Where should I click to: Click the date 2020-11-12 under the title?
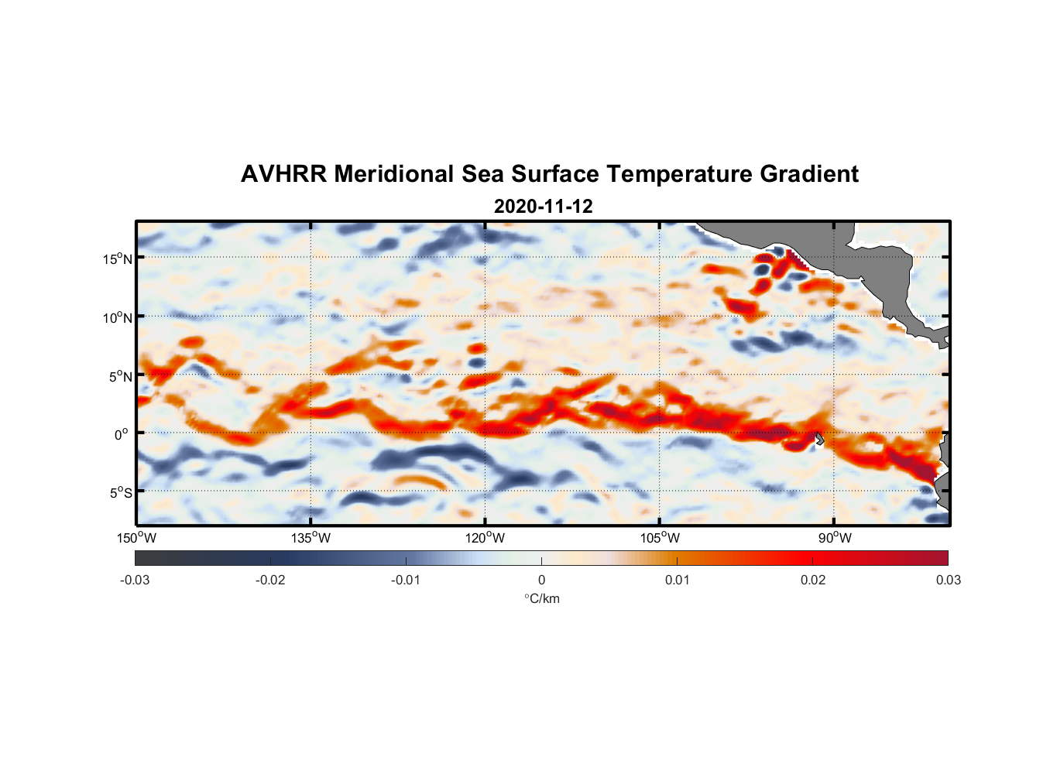(x=543, y=207)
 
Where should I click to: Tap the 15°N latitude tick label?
(x=118, y=259)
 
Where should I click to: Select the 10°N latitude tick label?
(x=118, y=317)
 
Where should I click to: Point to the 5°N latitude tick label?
(x=120, y=376)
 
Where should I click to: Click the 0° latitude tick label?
(x=122, y=434)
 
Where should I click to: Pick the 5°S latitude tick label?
(x=120, y=492)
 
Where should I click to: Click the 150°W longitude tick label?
(x=136, y=538)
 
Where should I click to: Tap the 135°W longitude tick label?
(x=311, y=538)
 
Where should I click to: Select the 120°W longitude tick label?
(x=486, y=538)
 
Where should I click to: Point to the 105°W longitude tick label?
(x=660, y=538)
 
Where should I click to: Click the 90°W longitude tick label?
(x=835, y=538)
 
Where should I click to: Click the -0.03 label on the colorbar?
(x=135, y=580)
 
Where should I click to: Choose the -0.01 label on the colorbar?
(x=406, y=580)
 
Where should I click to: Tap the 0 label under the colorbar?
(x=541, y=580)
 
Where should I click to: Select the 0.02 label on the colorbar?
(x=813, y=580)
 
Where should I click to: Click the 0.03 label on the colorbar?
(x=948, y=580)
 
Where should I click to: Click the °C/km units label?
(x=541, y=598)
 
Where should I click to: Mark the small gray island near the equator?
(x=819, y=439)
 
